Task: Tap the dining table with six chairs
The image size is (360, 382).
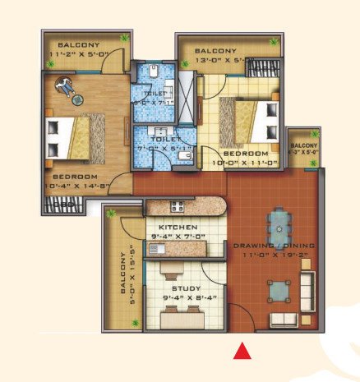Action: pos(281,219)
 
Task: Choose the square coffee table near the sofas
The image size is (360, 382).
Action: pos(278,289)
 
